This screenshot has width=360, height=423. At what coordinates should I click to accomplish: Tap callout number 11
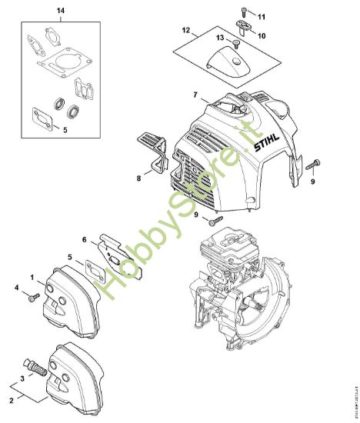pyautogui.click(x=261, y=16)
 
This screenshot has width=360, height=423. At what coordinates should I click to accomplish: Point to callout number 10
pyautogui.click(x=261, y=35)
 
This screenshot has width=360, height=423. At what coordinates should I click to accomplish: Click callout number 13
pyautogui.click(x=220, y=37)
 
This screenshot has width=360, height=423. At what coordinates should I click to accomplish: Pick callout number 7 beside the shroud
pyautogui.click(x=195, y=95)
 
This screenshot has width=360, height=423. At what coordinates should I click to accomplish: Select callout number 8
pyautogui.click(x=138, y=178)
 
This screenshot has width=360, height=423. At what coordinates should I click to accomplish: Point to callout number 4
pyautogui.click(x=16, y=288)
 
